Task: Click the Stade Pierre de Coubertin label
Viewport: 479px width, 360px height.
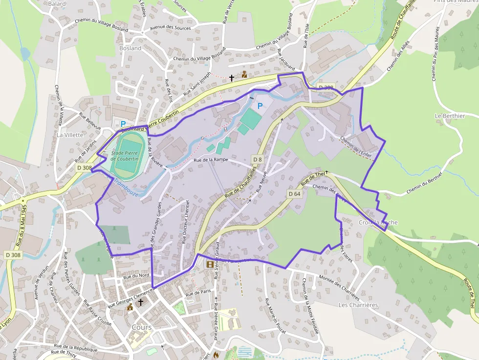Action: tap(125, 156)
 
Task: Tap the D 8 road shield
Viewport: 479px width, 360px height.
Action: tap(258, 160)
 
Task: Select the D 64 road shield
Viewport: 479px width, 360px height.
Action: tap(294, 194)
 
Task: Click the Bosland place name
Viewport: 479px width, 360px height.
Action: tap(130, 48)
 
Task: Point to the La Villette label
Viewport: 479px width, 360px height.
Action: tap(70, 134)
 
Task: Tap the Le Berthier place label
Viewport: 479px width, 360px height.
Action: tap(450, 116)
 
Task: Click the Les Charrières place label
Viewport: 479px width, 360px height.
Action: tap(358, 305)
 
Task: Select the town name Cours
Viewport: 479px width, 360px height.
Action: tap(142, 327)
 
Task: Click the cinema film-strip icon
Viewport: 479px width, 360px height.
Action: tap(210, 264)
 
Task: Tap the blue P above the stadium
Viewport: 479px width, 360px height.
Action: tap(123, 124)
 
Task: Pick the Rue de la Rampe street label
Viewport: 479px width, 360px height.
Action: tap(211, 160)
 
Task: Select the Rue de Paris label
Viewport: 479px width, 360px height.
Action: tap(198, 294)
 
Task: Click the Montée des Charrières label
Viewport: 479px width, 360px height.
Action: tap(339, 288)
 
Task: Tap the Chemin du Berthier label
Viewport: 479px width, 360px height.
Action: tap(424, 182)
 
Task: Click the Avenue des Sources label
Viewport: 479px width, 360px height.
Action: tap(171, 28)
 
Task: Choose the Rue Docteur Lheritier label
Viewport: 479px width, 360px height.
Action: tap(185, 221)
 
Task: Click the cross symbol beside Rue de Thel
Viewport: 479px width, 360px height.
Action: tap(327, 172)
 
